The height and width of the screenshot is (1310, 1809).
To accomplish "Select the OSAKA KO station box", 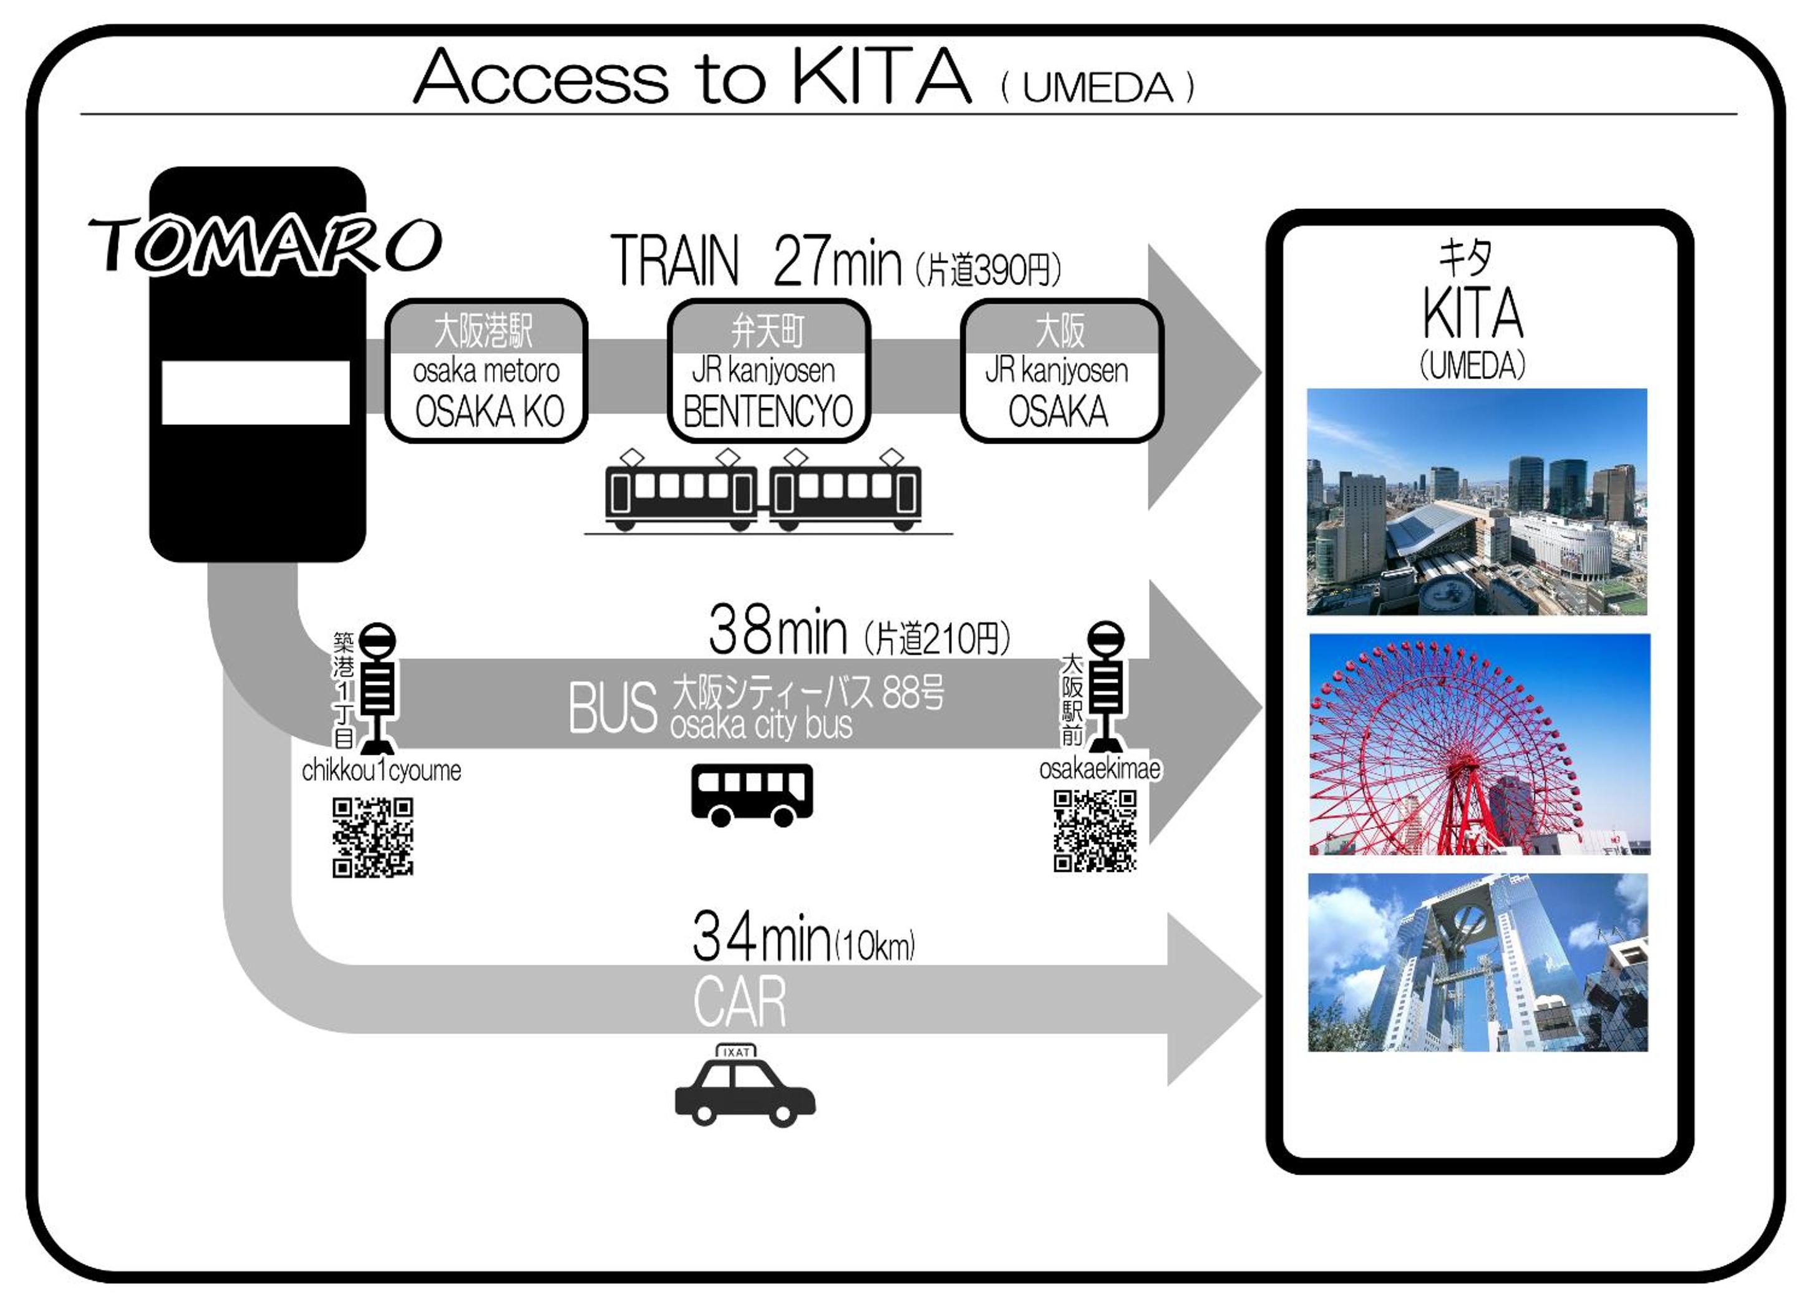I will [x=487, y=371].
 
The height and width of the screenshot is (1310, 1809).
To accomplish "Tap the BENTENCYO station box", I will [x=768, y=371].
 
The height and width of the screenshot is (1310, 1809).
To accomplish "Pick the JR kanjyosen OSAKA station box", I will [x=1061, y=371].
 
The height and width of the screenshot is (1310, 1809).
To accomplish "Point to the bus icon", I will [x=751, y=795].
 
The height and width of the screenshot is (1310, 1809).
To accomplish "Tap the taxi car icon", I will [x=744, y=1086].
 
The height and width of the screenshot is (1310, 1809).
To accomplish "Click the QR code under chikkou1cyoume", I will [x=372, y=838].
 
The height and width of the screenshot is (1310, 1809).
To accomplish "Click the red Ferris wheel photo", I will [x=1480, y=744].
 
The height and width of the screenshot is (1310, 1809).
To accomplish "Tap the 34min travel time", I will [x=761, y=938].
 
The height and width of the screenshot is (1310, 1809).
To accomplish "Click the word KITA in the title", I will [x=881, y=77].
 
